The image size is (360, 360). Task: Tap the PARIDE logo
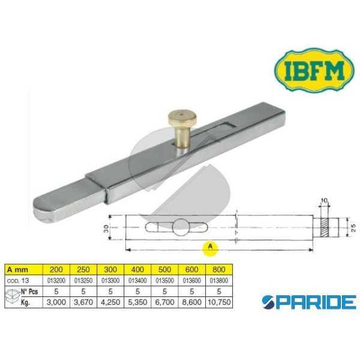coord(309,302)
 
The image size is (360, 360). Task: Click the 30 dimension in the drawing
coord(106,229)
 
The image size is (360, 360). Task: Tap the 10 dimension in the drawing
coord(324,200)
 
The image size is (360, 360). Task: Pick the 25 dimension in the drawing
coord(353,228)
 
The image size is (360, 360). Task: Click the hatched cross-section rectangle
coord(324,228)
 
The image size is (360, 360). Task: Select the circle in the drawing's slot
coord(181,227)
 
